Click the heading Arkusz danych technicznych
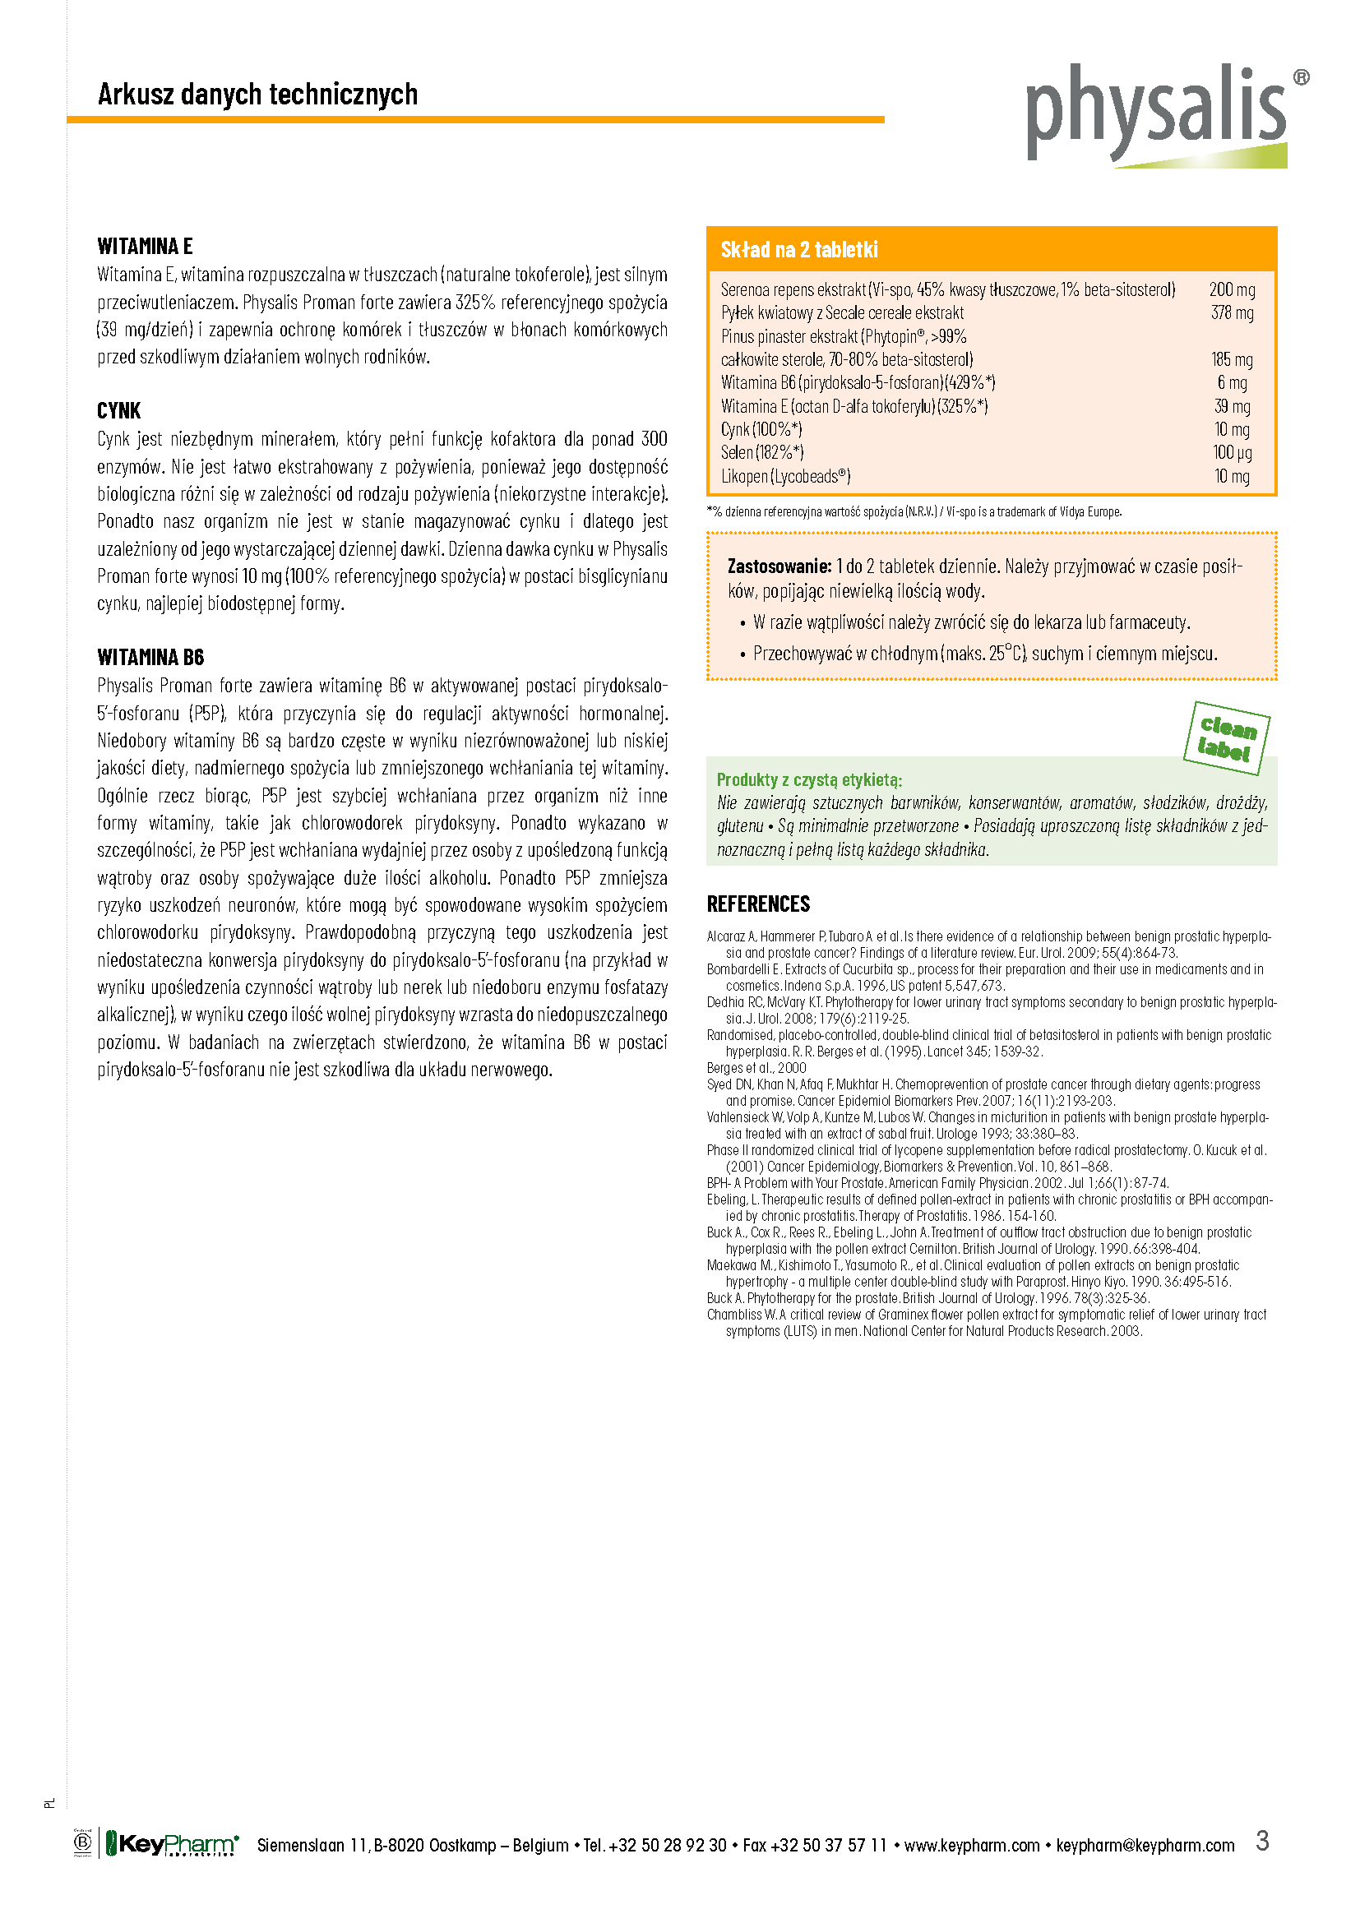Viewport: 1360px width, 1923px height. [257, 94]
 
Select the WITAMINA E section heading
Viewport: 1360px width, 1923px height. [145, 247]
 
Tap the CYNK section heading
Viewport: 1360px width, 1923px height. [119, 410]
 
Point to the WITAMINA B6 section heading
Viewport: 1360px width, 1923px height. [150, 658]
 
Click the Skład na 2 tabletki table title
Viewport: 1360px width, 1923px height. [799, 250]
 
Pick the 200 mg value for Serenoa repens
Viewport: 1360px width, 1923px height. [1231, 289]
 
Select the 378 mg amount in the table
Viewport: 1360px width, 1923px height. [1231, 313]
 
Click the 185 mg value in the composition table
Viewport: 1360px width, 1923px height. [1231, 360]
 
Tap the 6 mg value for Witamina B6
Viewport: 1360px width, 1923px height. [1232, 383]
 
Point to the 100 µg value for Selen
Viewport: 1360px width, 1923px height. [1232, 453]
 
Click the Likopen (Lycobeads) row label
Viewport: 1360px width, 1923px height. [785, 477]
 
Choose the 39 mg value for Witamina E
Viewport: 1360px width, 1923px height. [1232, 406]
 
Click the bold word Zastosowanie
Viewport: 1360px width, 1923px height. [779, 566]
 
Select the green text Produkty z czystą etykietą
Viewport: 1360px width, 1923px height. [809, 779]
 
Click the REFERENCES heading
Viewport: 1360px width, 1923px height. [758, 904]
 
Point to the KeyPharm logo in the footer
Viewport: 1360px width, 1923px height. [172, 1844]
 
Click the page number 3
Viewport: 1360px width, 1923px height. [1262, 1841]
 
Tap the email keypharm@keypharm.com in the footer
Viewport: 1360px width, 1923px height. [1145, 1845]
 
